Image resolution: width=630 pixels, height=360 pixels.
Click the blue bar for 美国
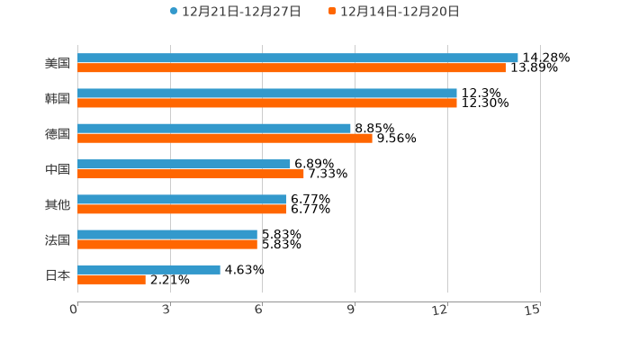297,58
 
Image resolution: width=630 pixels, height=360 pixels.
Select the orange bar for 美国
291,67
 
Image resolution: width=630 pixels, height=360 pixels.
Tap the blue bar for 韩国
266,93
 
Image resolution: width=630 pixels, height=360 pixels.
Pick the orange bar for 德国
224,138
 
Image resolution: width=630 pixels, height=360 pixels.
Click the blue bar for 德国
213,128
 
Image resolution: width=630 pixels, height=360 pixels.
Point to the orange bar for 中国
190,174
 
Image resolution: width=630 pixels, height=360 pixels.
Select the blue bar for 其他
181,199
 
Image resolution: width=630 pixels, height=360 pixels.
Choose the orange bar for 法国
166,244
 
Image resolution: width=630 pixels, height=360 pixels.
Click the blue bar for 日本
148,269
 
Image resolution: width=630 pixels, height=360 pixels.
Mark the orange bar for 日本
111,279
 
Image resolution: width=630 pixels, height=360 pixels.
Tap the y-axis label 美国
57,64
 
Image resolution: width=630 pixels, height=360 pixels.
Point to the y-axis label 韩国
57,99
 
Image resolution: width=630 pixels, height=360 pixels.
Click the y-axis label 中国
57,169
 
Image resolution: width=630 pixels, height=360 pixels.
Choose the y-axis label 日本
57,275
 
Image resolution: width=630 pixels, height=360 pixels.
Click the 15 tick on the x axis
533,310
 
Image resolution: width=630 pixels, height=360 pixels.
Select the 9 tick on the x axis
351,310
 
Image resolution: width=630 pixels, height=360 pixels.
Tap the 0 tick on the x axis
74,310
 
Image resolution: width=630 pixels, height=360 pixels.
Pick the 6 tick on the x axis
258,310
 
